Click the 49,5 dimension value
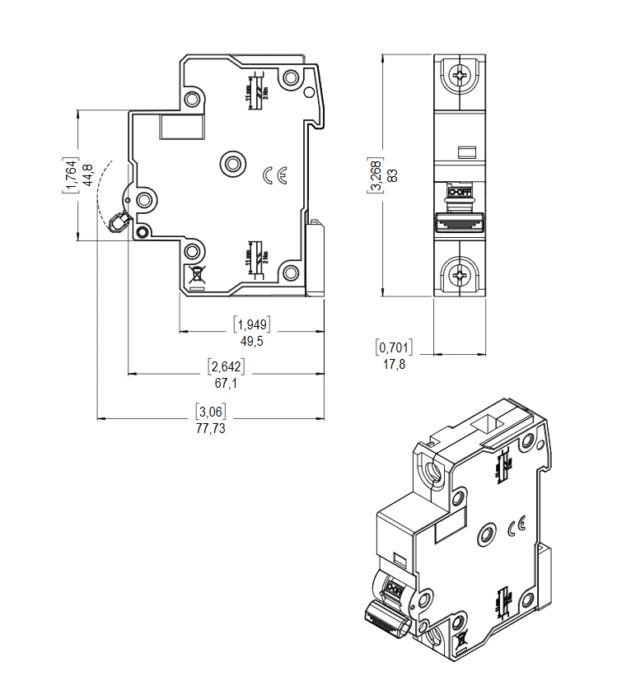click(x=251, y=340)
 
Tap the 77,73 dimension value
click(x=210, y=428)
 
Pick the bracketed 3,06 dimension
click(x=210, y=411)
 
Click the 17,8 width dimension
click(x=394, y=364)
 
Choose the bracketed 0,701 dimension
click(x=394, y=347)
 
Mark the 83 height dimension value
click(x=393, y=175)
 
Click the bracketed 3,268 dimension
click(x=376, y=175)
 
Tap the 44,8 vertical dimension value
click(x=88, y=175)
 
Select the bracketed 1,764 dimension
click(x=71, y=175)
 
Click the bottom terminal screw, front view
click(x=460, y=273)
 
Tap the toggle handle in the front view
click(x=459, y=222)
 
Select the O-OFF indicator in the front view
click(x=459, y=191)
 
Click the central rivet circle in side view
click(x=232, y=163)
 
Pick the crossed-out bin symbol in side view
click(x=197, y=277)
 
